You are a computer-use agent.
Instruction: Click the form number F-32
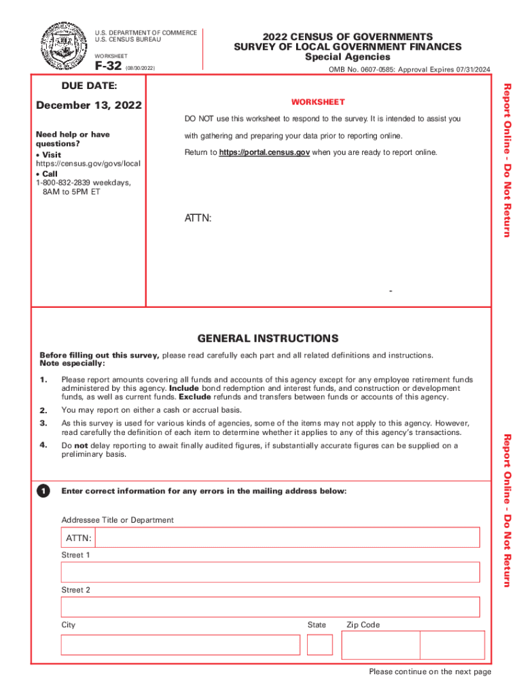tap(107, 67)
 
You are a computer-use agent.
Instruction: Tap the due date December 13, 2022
tap(89, 105)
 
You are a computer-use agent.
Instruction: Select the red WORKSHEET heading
tap(318, 102)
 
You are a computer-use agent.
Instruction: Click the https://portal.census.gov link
tap(264, 152)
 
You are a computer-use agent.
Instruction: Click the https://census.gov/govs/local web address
tap(88, 164)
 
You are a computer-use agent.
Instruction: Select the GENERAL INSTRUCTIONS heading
tap(268, 338)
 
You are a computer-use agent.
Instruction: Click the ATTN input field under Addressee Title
tap(287, 538)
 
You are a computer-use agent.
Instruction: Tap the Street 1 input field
tap(270, 572)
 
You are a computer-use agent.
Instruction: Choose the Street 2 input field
tap(270, 607)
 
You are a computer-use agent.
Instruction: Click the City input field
tap(180, 645)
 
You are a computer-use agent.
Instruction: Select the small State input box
tap(320, 644)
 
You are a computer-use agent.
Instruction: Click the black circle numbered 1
tap(43, 491)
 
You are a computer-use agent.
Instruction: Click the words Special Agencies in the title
tap(347, 57)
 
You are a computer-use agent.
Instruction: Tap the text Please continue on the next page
tap(430, 672)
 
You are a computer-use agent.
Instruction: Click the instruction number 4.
tap(43, 445)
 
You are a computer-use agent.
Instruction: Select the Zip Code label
tap(363, 625)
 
